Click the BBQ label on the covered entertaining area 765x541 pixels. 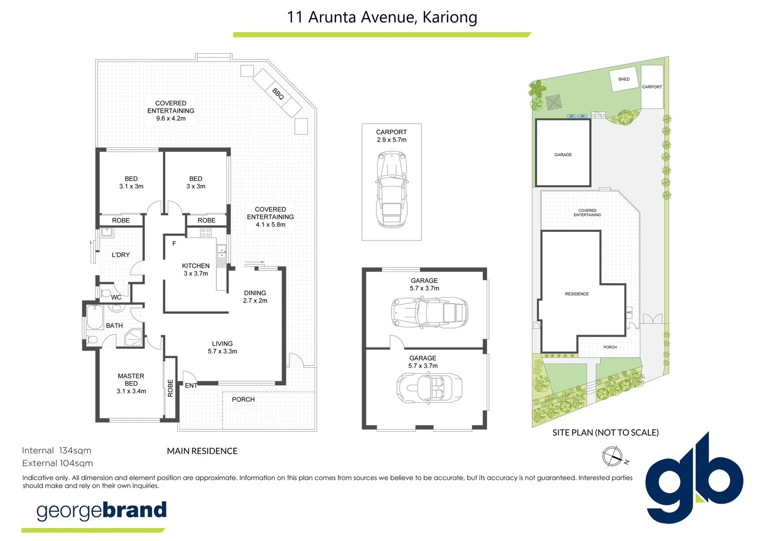[278, 94]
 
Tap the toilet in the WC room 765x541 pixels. [105, 293]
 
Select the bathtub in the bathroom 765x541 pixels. [95, 317]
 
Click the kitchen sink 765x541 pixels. [221, 251]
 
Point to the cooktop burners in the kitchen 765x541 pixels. [206, 232]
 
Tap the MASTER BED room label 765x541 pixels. [131, 383]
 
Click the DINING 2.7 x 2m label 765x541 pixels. [255, 297]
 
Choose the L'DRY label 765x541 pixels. [121, 255]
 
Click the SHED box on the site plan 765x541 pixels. [624, 80]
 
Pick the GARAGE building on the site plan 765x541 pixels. [563, 153]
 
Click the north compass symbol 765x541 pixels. [612, 456]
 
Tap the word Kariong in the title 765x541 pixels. [450, 17]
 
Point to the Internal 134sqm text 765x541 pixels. [57, 450]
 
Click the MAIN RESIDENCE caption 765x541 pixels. [202, 451]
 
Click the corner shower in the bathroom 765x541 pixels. [133, 338]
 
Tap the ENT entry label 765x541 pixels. [191, 385]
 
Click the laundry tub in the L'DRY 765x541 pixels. [106, 232]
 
